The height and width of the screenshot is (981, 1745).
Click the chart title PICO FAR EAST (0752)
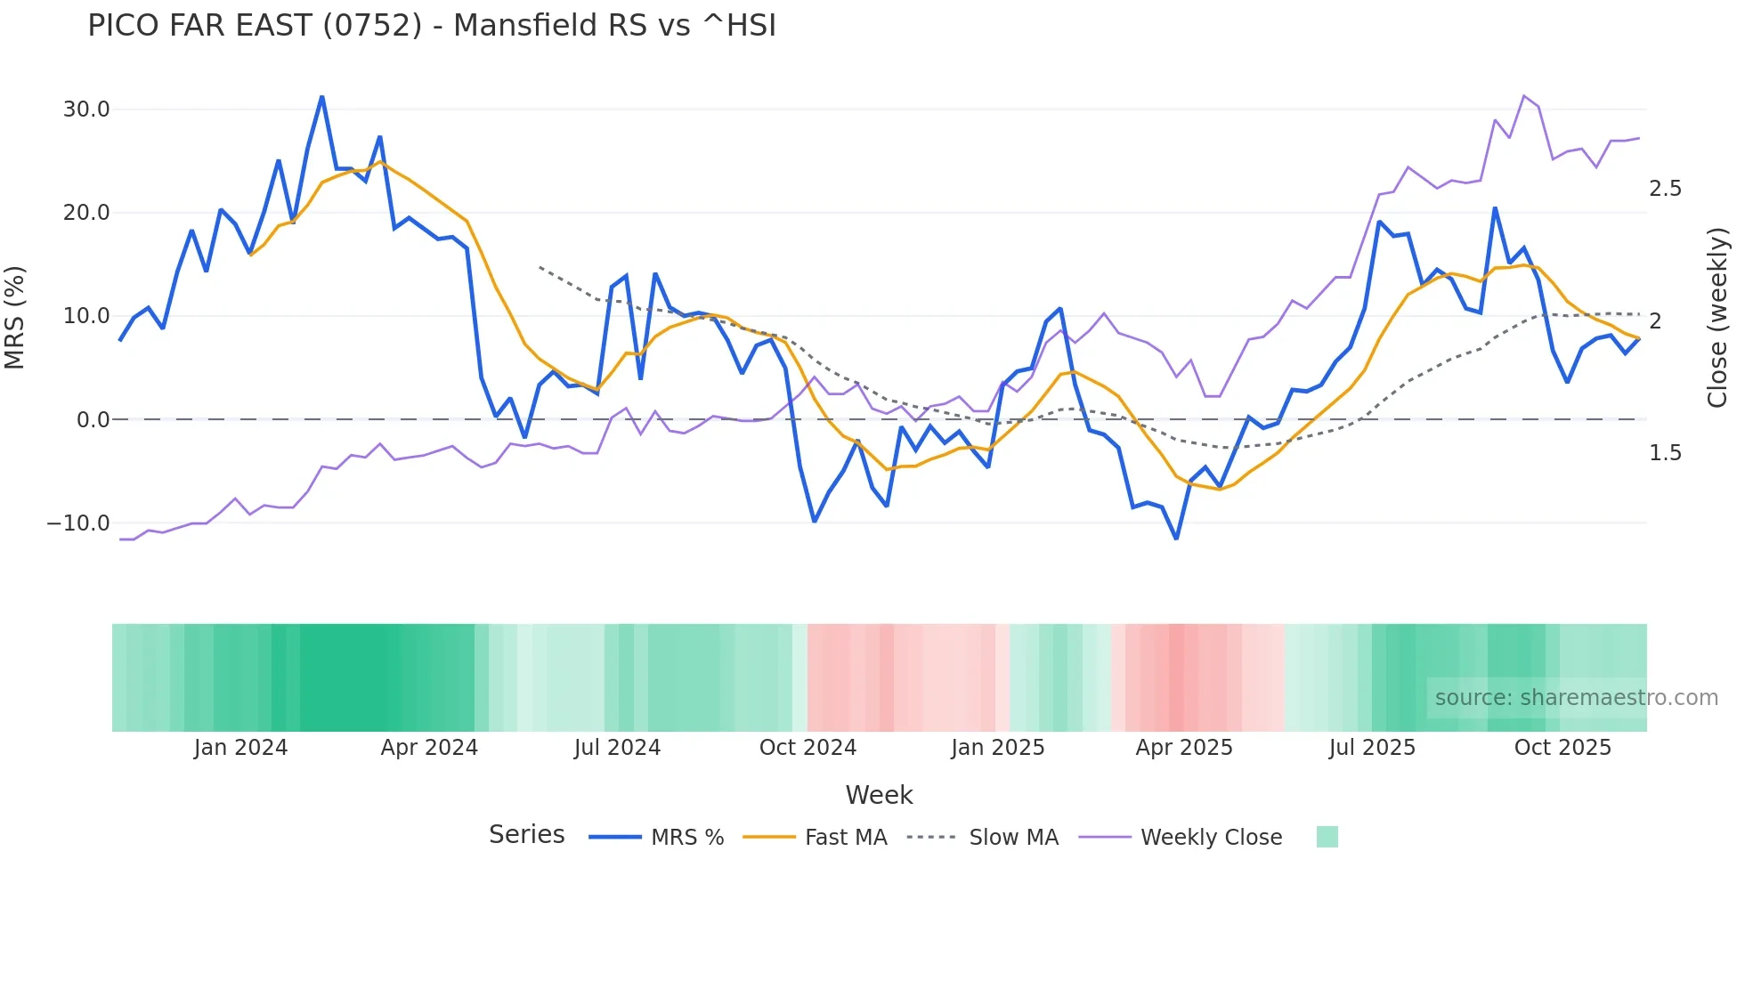pos(432,26)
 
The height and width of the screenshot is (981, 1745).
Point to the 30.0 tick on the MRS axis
pos(86,109)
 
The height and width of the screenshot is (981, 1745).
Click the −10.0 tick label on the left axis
pos(78,523)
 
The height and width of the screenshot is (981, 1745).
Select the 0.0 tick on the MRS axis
pos(93,419)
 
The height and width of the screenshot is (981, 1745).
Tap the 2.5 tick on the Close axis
pos(1665,189)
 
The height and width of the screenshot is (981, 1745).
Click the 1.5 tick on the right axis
pos(1665,453)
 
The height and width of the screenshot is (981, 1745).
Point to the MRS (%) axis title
pos(15,317)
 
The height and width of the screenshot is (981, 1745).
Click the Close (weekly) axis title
pos(1717,317)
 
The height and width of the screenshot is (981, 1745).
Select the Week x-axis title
pos(879,795)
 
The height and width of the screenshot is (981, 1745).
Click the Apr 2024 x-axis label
pos(429,748)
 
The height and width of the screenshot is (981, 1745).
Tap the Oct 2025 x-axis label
pos(1562,748)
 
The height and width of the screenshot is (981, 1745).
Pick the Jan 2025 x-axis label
pos(997,748)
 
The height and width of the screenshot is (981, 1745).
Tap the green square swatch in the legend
pos(1327,837)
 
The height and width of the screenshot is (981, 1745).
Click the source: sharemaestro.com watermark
pos(1576,698)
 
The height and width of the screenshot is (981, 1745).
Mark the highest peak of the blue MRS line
pos(321,97)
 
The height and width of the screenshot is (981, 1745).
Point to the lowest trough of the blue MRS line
pos(1176,539)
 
